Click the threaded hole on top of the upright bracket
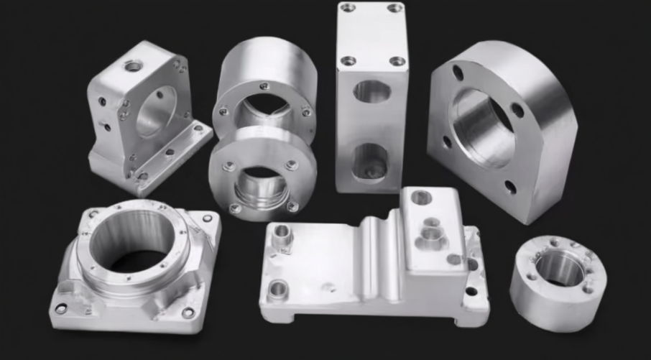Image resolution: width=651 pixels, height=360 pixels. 133,66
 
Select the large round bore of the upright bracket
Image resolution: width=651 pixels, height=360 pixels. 154,111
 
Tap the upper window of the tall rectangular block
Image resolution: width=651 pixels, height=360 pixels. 371,91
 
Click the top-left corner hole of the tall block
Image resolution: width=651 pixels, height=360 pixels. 348,8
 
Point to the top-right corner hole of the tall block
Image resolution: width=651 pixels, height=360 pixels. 394,8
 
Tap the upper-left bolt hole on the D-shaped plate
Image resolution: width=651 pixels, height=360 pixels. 457,73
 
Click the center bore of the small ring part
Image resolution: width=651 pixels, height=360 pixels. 558,267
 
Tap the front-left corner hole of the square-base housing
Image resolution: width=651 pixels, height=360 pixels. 61,308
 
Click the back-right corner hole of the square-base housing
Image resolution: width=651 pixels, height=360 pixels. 207,218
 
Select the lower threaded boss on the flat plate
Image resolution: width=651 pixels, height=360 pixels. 277,290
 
